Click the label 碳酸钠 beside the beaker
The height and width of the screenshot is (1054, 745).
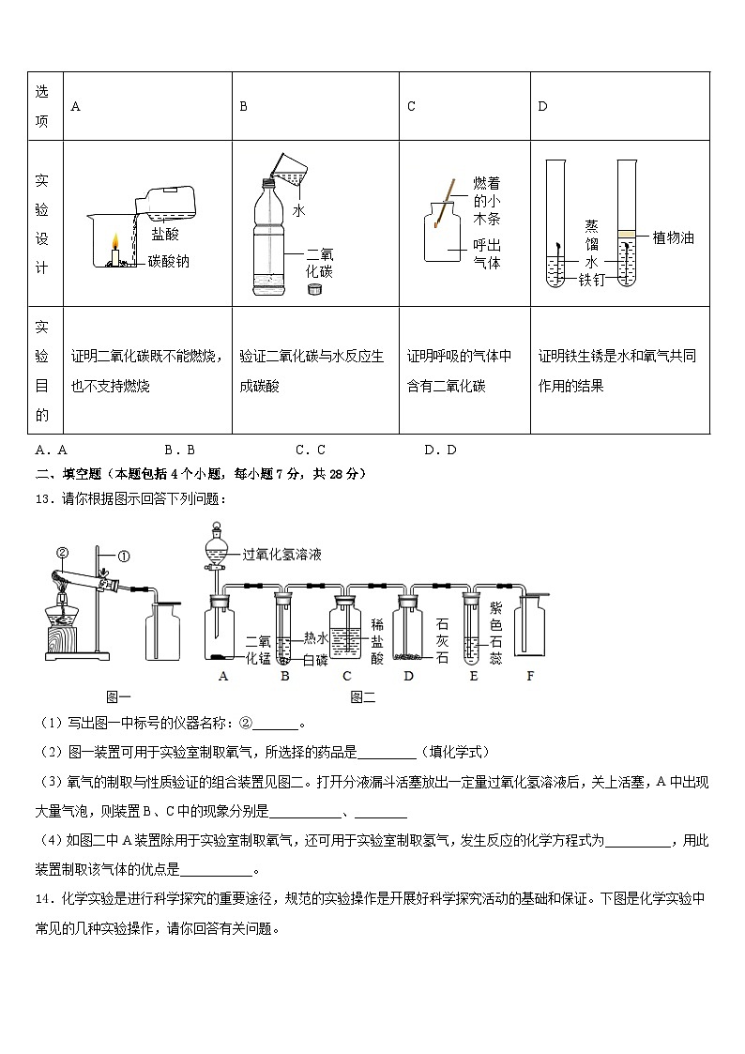coord(168,262)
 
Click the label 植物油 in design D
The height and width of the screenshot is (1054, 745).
coord(673,238)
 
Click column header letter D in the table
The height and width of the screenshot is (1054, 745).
coord(542,107)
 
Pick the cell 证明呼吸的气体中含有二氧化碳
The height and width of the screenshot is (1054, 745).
coord(460,371)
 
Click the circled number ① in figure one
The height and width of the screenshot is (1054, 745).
coord(124,556)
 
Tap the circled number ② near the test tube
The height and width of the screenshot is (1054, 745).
coord(62,552)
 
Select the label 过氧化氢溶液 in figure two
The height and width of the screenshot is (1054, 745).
coord(281,555)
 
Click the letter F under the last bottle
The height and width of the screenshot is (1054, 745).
coord(529,675)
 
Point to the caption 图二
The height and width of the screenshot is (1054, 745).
coord(361,696)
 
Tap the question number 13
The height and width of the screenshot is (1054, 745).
coord(42,498)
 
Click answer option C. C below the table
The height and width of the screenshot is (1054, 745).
coord(310,450)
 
